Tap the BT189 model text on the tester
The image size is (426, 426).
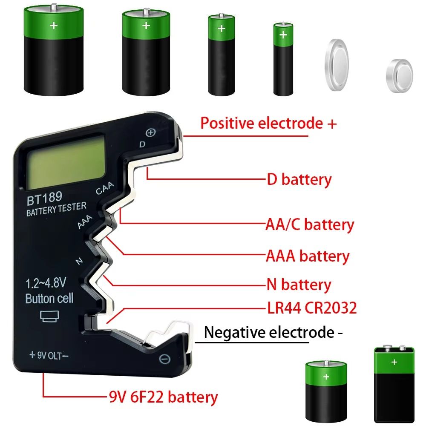pos(44,198)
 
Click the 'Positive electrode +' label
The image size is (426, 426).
pos(268,124)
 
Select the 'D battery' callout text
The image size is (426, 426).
pos(299,179)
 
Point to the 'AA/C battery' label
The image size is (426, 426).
pos(310,224)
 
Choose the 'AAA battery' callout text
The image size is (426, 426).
pos(308,256)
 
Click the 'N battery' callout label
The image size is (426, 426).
pos(299,284)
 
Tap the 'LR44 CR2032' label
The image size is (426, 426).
pos(311,308)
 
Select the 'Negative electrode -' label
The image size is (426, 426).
pos(273,332)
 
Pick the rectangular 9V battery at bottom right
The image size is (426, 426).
pos(394,384)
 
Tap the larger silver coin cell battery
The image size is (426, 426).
pos(337,64)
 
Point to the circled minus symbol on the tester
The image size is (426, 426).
pos(164,359)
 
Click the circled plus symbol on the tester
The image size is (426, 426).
pos(152,132)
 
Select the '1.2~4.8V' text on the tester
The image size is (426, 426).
pos(46,282)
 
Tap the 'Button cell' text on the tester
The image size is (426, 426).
pos(49,298)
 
